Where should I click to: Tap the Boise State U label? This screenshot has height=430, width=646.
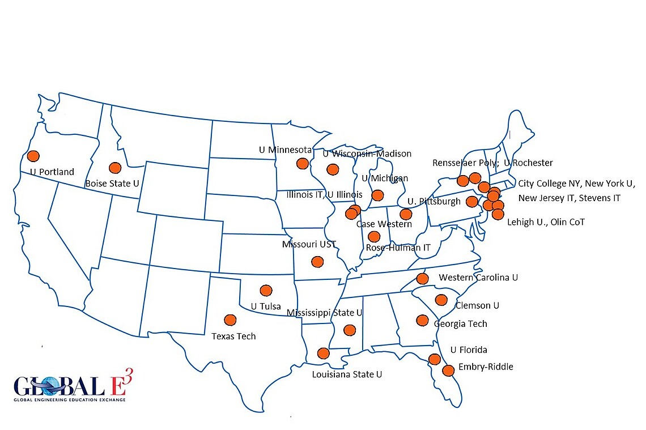(112, 183)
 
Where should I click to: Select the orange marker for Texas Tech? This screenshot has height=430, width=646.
(230, 320)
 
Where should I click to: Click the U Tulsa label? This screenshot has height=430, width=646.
(266, 306)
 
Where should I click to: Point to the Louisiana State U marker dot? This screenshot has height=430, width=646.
(323, 353)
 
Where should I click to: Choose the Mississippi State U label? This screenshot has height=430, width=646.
(325, 313)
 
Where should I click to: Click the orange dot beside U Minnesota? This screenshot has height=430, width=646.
(303, 164)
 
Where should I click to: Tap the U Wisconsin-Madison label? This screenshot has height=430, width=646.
(367, 154)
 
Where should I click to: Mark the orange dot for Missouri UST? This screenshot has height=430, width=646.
(317, 262)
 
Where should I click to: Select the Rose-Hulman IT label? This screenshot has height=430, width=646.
(398, 248)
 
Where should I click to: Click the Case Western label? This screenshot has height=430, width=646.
(384, 224)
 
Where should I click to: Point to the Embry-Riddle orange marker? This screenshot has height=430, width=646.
(448, 371)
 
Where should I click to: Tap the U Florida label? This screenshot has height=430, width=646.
(469, 350)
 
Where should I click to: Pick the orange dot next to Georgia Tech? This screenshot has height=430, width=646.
(422, 320)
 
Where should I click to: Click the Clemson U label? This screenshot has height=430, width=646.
(477, 305)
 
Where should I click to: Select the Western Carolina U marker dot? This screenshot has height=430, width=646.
(422, 278)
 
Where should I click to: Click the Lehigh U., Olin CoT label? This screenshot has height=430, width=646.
(546, 222)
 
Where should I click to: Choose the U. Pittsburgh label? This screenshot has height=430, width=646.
(433, 202)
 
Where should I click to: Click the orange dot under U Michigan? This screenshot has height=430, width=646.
(377, 195)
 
